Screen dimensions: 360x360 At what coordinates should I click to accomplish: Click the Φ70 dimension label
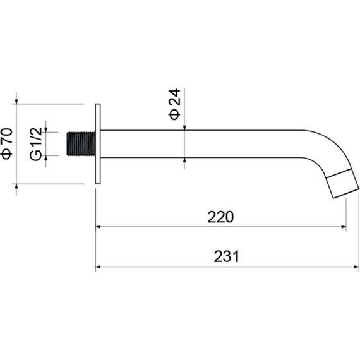pos(7,143)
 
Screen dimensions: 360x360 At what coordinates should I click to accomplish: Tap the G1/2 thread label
pos(36,144)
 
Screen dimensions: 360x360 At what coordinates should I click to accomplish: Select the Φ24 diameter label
pos(175,104)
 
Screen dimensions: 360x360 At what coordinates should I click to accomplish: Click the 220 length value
pos(220,217)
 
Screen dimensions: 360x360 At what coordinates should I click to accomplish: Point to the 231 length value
pos(226,256)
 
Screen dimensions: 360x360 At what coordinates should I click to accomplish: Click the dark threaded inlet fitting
pos(81,144)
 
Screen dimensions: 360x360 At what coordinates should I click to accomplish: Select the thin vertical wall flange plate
pos(98,144)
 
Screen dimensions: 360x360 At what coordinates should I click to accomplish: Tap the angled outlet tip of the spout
pos(342,183)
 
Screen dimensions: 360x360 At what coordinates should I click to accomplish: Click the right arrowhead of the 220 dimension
pos(344,227)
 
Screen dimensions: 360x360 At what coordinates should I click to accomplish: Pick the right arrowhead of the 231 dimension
pos(356,267)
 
